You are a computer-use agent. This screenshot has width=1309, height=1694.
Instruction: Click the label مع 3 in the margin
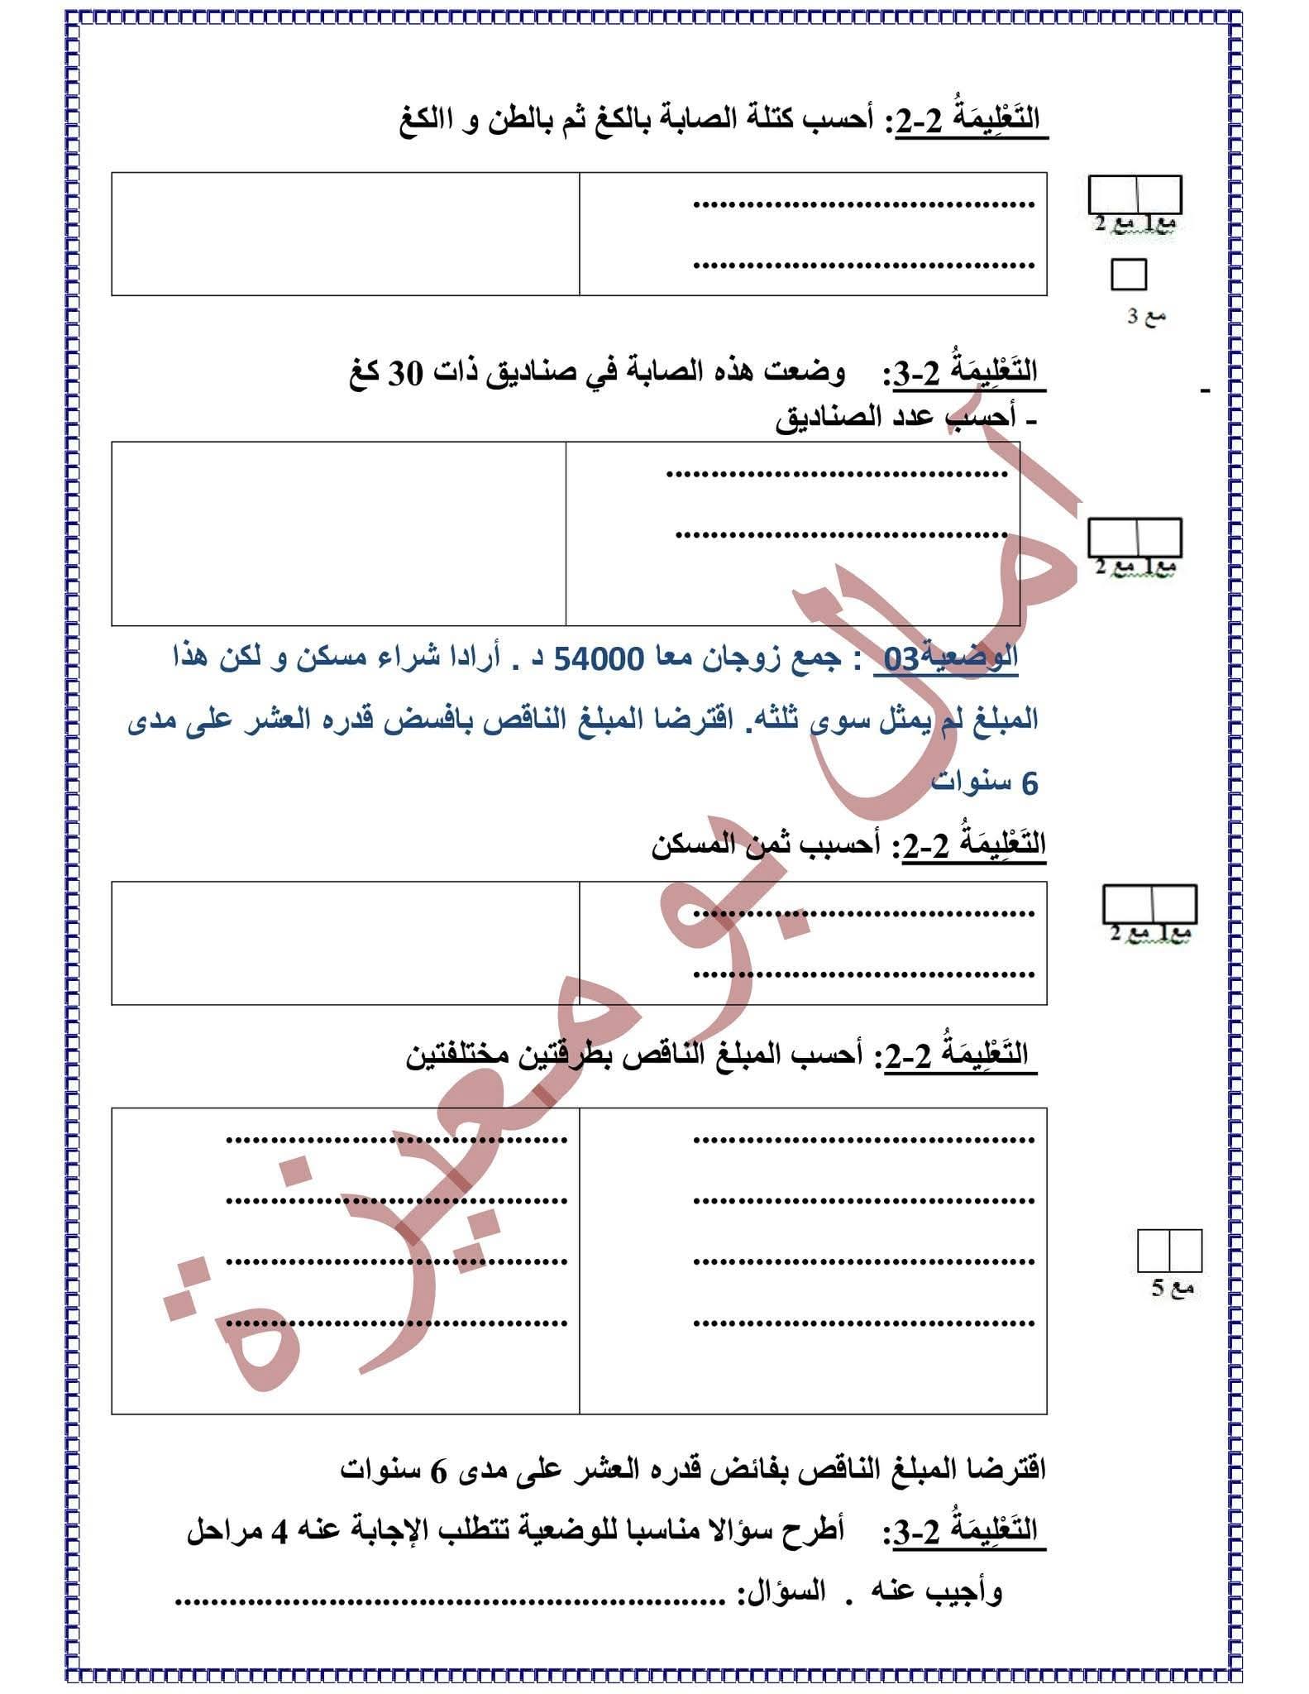click(x=1146, y=315)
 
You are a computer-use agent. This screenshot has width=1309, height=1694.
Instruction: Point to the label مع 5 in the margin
click(x=1173, y=1288)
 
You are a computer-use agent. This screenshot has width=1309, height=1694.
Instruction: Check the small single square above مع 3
click(x=1129, y=275)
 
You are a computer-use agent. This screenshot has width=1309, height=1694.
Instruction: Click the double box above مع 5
click(x=1169, y=1251)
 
